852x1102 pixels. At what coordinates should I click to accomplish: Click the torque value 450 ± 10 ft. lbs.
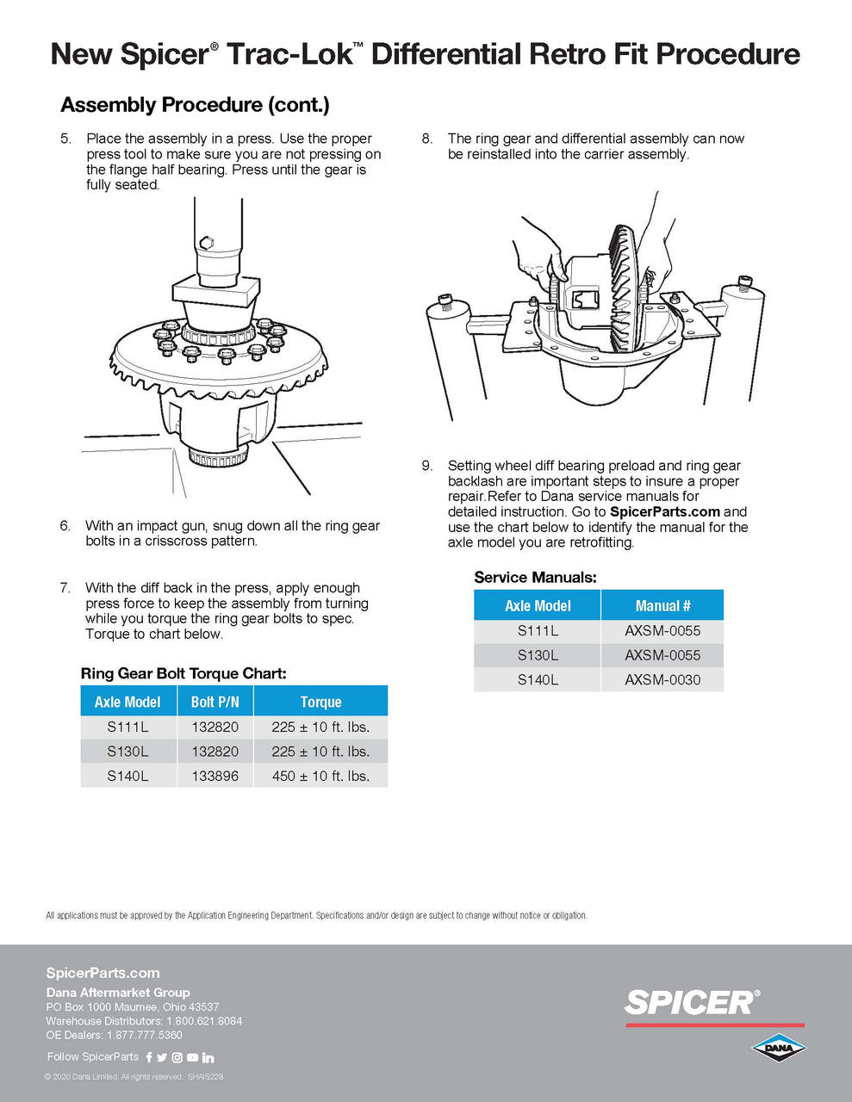pos(320,776)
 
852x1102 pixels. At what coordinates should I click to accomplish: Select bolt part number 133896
pos(215,776)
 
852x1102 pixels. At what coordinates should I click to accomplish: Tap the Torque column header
pos(320,702)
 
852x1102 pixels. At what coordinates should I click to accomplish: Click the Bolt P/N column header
pos(215,702)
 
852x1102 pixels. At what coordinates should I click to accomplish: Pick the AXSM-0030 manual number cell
pos(662,679)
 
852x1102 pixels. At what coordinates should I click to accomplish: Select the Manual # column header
pos(662,605)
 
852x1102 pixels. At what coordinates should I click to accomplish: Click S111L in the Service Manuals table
pos(538,630)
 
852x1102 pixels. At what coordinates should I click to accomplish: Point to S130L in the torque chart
pos(127,751)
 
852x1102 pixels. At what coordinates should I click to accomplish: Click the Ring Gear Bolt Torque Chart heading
pos(183,673)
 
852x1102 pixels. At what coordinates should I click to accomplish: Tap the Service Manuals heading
pos(535,577)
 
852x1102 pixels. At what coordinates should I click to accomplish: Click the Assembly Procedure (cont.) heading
pos(195,105)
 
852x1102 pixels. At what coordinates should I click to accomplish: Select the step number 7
pos(65,588)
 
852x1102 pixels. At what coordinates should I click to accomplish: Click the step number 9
pos(427,466)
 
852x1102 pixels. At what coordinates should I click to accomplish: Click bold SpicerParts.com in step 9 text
pos(670,511)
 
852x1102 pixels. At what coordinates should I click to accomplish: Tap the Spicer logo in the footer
pos(693,1002)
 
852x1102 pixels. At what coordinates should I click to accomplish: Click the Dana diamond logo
pos(778,1048)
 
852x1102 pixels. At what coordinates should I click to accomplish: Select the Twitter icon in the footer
pos(162,1057)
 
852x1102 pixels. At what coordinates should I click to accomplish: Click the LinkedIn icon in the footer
pos(208,1057)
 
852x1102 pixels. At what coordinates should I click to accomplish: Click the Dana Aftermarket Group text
pos(118,992)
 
